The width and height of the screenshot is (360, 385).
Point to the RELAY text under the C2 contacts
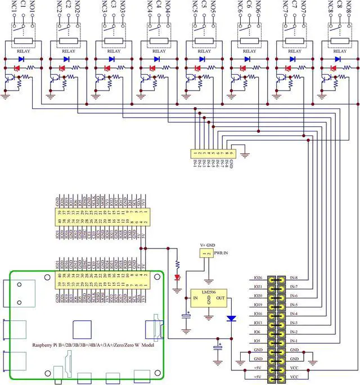point(67,51)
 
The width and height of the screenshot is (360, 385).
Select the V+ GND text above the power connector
point(206,244)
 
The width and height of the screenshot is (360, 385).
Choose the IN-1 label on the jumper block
point(294,341)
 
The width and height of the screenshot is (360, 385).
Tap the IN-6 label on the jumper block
point(294,296)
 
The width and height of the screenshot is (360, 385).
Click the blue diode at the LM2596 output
point(231,318)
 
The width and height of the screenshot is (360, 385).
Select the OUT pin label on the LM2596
point(220,298)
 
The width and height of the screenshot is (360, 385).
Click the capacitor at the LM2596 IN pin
point(186,318)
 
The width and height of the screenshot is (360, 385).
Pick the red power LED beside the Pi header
point(178,277)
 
